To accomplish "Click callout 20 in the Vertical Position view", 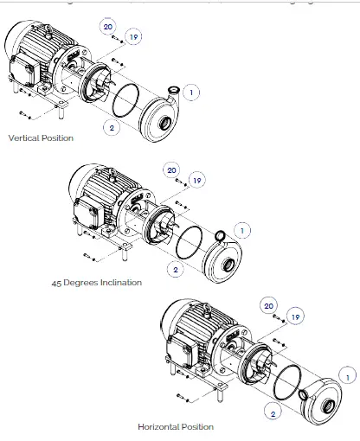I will (x=107, y=27).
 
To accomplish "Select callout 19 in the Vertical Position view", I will (x=133, y=36).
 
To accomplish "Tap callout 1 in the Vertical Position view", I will (x=192, y=92).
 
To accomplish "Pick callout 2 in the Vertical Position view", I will (x=112, y=128).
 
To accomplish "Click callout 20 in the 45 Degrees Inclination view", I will (x=171, y=169).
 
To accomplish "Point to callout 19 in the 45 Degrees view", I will (x=197, y=180).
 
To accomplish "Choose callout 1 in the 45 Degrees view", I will (x=242, y=230).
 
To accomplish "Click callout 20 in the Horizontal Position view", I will (x=268, y=305).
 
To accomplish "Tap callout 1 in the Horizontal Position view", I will (x=349, y=376).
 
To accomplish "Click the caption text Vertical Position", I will (x=41, y=138).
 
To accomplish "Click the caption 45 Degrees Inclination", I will (x=96, y=282).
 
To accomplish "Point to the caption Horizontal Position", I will (x=175, y=426).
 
